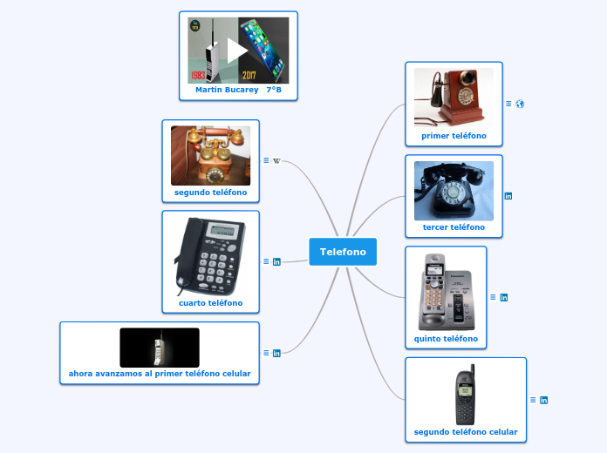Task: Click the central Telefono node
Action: point(343,252)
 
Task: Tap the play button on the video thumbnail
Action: point(237,50)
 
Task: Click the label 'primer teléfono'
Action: point(454,136)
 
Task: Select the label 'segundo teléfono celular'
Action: point(466,432)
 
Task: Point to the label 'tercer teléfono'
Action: point(454,227)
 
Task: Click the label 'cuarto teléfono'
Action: point(210,303)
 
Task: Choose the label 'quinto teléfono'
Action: point(446,338)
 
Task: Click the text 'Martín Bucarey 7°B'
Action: point(238,90)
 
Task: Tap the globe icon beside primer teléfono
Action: point(521,104)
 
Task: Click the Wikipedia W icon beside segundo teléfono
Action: point(276,160)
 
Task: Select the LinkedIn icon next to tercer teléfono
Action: point(508,196)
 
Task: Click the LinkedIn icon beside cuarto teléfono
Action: point(276,261)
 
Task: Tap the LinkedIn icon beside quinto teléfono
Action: point(504,297)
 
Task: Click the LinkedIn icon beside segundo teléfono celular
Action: point(544,400)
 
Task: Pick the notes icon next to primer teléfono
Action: point(508,104)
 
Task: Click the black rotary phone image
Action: point(454,190)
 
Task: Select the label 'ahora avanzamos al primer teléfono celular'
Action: point(160,374)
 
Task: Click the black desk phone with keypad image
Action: point(210,256)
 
